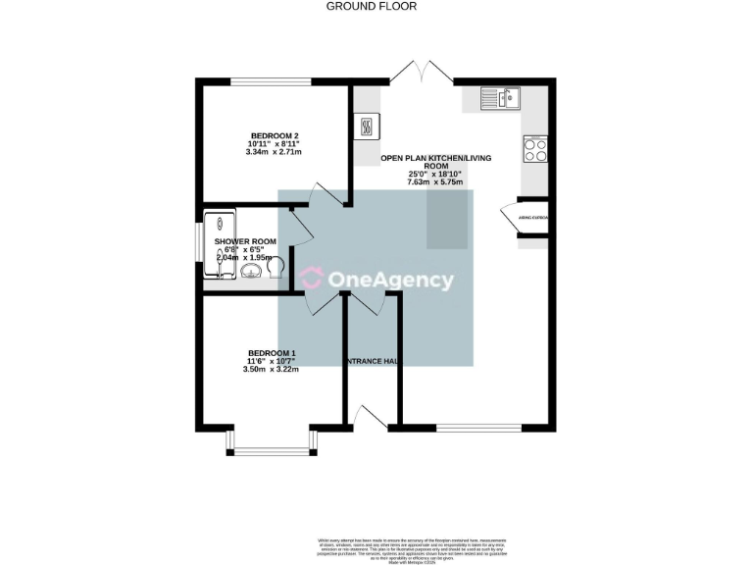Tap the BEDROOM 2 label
[275, 136]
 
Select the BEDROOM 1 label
[272, 353]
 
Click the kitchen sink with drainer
[501, 97]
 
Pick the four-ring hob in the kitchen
[536, 150]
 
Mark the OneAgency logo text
[390, 282]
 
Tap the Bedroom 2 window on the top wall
[265, 82]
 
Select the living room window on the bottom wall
[479, 427]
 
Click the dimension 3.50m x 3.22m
[272, 370]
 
